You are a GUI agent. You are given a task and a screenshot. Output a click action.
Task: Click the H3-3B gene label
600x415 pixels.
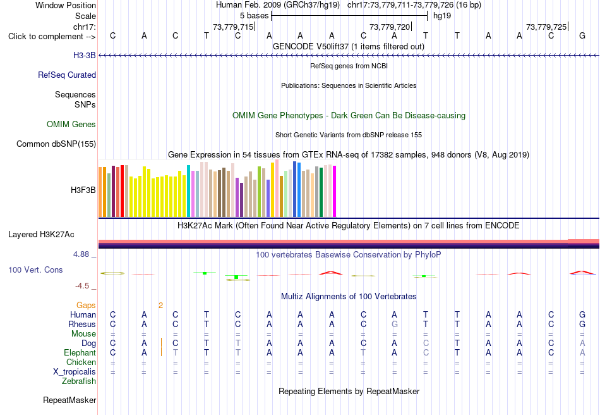(x=84, y=56)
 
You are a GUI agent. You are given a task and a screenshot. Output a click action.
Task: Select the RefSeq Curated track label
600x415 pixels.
(x=66, y=75)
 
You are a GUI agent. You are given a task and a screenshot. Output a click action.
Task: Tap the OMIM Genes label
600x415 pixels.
(x=71, y=124)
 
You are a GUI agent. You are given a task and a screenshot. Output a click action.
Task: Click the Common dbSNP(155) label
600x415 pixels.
(x=56, y=144)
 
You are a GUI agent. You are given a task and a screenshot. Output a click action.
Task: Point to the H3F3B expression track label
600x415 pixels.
(x=83, y=190)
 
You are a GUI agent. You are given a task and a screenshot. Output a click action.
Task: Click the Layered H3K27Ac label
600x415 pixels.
(x=41, y=235)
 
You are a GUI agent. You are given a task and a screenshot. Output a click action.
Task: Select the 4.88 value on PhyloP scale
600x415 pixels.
(x=81, y=254)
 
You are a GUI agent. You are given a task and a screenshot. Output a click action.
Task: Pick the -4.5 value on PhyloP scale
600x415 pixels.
(x=82, y=286)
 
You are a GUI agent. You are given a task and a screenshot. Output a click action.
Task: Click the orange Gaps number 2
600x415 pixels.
(x=160, y=306)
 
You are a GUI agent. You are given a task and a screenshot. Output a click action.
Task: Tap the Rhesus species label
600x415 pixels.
(x=82, y=324)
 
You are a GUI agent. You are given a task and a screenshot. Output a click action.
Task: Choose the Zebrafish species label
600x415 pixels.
(x=79, y=381)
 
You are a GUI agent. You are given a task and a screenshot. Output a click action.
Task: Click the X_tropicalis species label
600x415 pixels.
(x=75, y=372)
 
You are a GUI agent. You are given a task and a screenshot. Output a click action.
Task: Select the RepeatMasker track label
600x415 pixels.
(x=69, y=400)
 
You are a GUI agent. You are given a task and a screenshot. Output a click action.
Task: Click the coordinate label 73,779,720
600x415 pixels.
(x=390, y=27)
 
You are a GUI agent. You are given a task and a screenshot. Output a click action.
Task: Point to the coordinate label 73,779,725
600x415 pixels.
(x=546, y=27)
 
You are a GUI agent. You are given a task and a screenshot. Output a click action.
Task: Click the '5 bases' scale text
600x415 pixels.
(x=254, y=16)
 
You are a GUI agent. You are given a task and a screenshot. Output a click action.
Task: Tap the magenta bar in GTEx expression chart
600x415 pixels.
(x=335, y=192)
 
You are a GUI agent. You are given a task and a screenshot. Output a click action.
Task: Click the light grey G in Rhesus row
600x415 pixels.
(x=395, y=324)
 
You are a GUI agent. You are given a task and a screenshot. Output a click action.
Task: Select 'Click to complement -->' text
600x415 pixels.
(x=52, y=37)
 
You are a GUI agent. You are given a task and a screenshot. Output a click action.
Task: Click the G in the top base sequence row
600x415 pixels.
(x=582, y=35)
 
